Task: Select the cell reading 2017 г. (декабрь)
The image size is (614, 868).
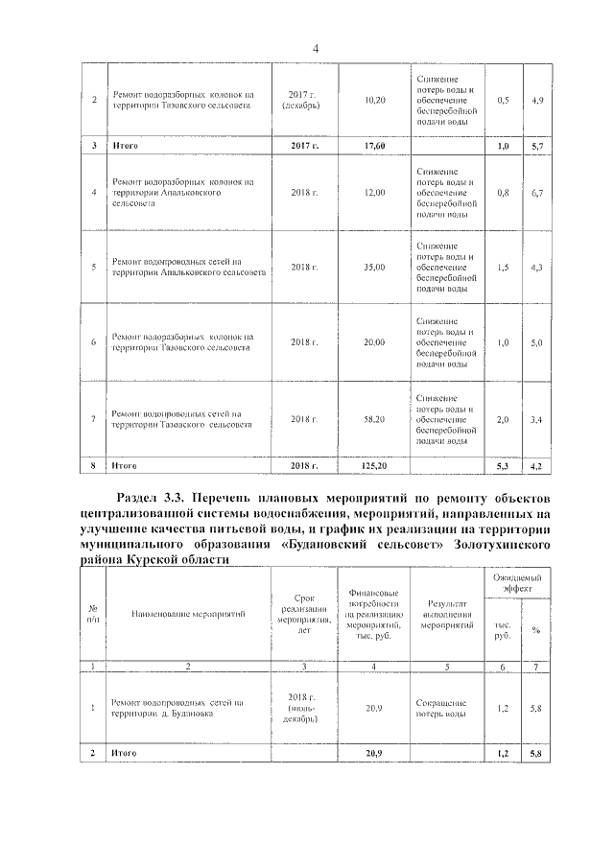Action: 302,100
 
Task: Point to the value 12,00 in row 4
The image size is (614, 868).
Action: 375,193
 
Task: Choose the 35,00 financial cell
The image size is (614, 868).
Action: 375,267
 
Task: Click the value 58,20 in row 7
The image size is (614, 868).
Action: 375,419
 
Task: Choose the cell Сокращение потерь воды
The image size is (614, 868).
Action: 442,708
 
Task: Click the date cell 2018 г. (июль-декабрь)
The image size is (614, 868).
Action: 302,708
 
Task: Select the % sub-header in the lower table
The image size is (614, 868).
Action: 536,630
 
